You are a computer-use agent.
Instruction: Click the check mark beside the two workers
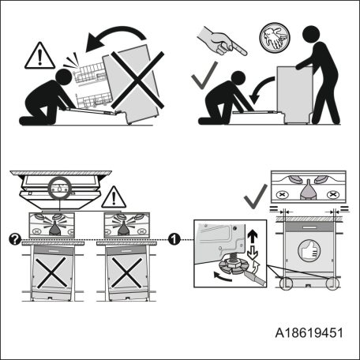(x=204, y=77)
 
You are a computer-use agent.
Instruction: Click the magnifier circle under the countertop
(x=58, y=189)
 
